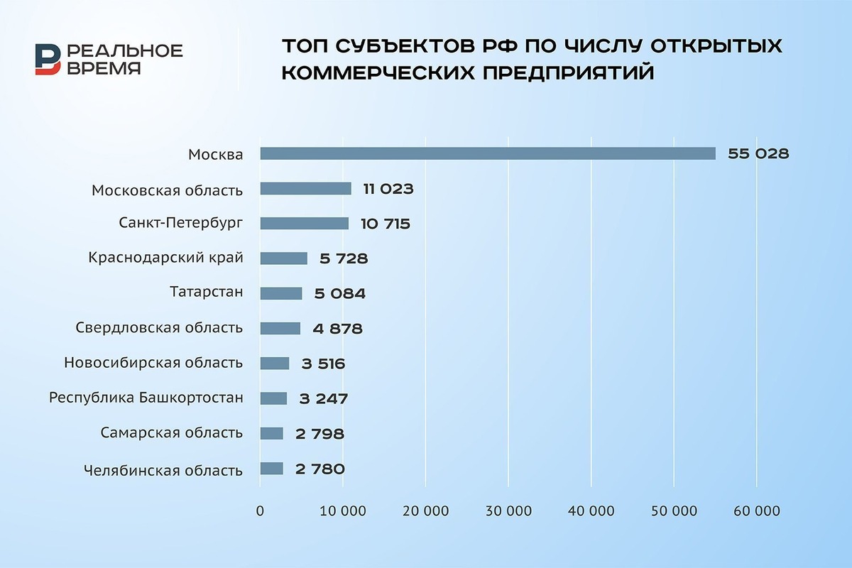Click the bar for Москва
tap(488, 153)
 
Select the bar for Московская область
tap(305, 188)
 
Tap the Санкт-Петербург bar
tap(304, 223)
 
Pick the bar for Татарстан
tap(281, 293)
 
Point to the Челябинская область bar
tap(271, 469)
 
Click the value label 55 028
tap(758, 153)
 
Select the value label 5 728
tap(344, 258)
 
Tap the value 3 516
tap(322, 364)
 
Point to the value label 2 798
tap(321, 434)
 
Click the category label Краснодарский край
tap(165, 258)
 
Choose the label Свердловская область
tap(159, 328)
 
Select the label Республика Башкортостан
tap(146, 398)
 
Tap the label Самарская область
tap(172, 433)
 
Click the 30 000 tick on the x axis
tap(508, 511)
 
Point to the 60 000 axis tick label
tap(755, 511)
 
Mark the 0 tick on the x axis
tap(260, 511)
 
